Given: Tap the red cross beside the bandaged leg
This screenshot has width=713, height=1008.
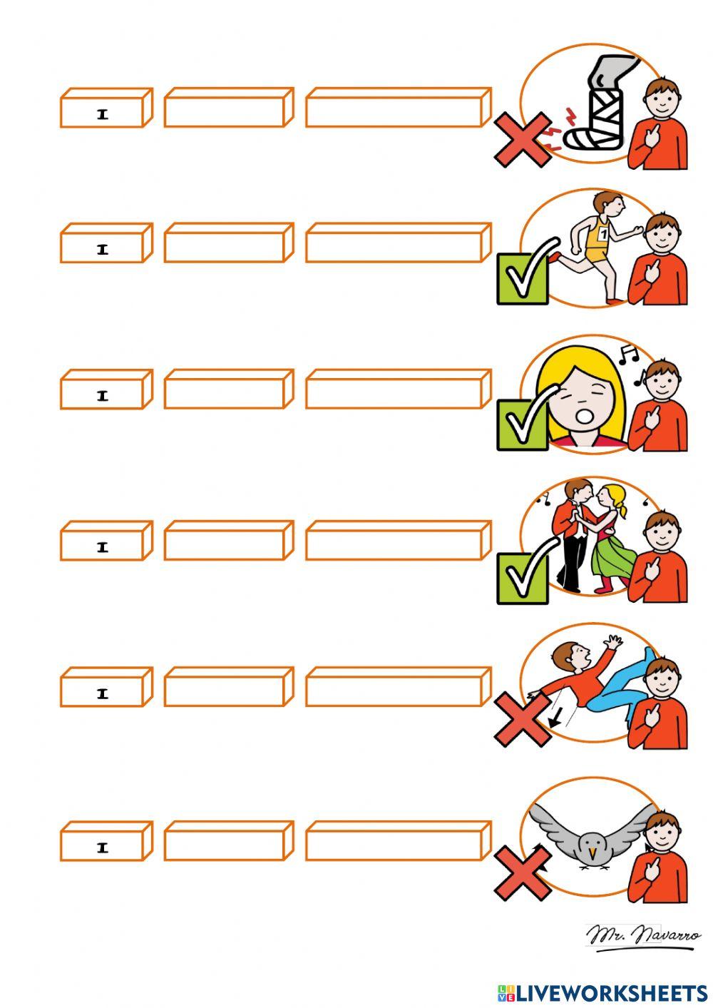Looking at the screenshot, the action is pos(523,139).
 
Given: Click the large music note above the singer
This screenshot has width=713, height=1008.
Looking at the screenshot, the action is pos(628,355).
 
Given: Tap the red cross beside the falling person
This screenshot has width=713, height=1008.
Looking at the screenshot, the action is pos(523,720).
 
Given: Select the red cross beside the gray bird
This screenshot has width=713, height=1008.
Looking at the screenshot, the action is pos(523,873).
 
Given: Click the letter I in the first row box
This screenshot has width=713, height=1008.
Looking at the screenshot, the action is pos(103,115).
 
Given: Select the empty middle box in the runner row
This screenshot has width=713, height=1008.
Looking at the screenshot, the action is pos(229,243).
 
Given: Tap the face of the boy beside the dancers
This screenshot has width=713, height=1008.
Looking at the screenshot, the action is pos(661,535).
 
